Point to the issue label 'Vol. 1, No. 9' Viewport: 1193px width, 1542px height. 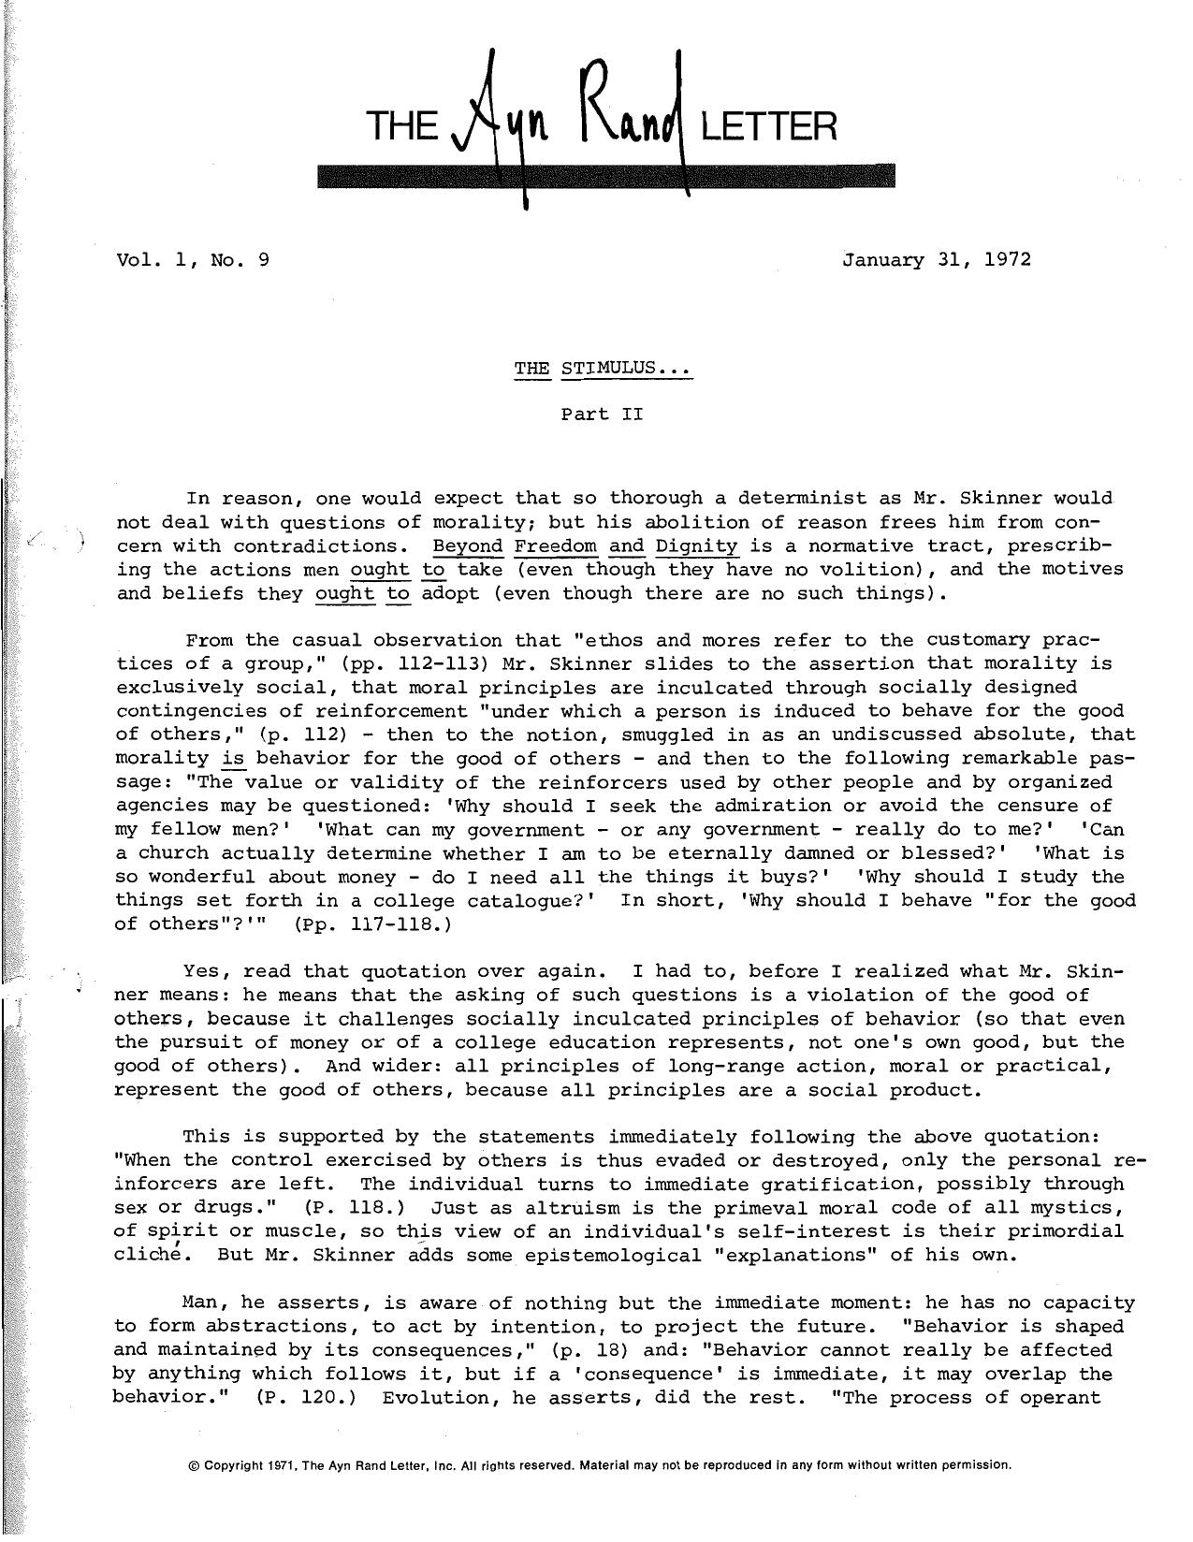[x=194, y=260]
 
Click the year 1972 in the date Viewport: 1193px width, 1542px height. [x=1008, y=260]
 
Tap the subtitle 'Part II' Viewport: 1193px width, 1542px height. [x=603, y=414]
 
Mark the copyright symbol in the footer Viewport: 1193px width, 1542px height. [x=194, y=1465]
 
